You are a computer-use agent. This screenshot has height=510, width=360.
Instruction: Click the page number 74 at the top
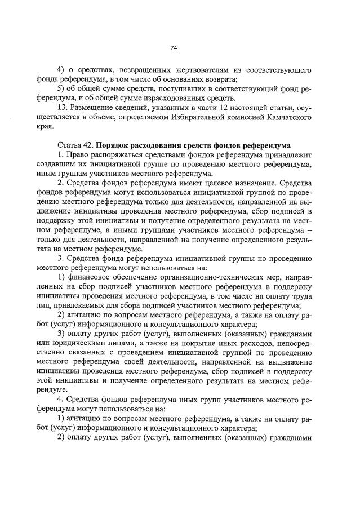[x=174, y=48]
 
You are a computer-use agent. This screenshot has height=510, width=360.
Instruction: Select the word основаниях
[x=174, y=79]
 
